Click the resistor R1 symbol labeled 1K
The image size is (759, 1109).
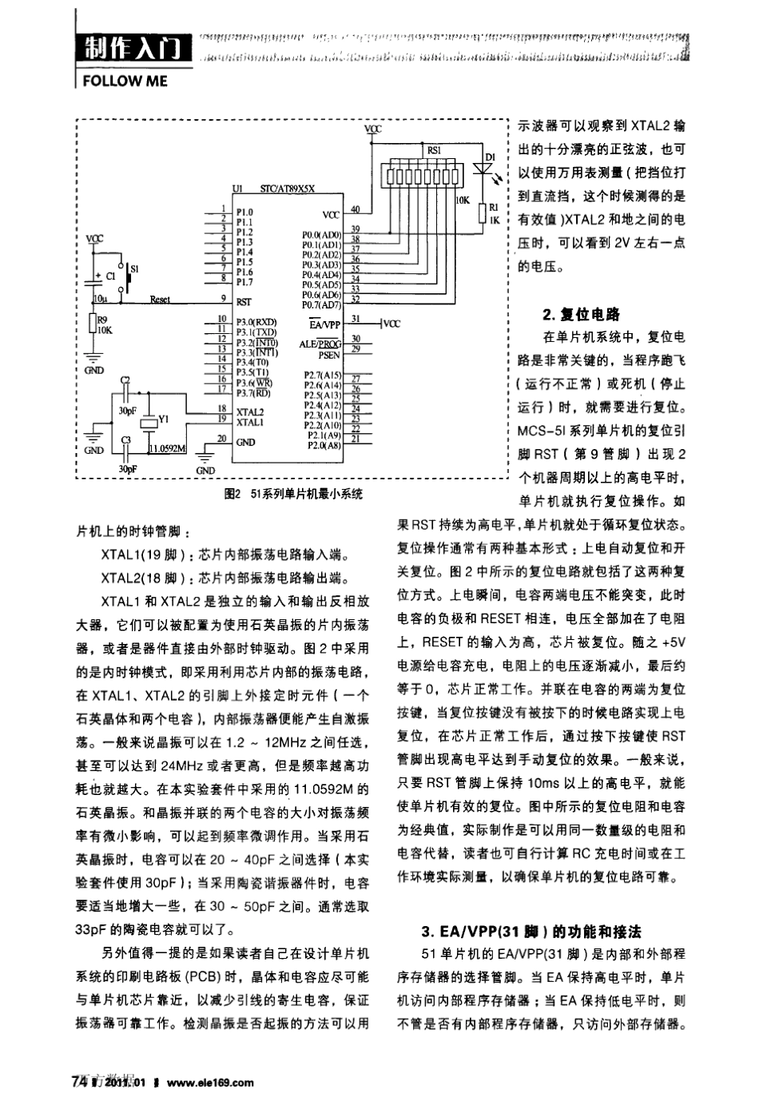483,212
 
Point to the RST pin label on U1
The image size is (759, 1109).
244,303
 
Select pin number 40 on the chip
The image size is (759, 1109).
355,210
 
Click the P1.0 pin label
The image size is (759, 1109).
244,213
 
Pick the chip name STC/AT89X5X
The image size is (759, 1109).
288,189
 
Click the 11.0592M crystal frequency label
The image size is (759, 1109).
167,448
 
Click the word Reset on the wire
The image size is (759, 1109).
160,300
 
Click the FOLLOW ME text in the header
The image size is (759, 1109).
125,81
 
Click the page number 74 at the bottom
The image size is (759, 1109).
79,1082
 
